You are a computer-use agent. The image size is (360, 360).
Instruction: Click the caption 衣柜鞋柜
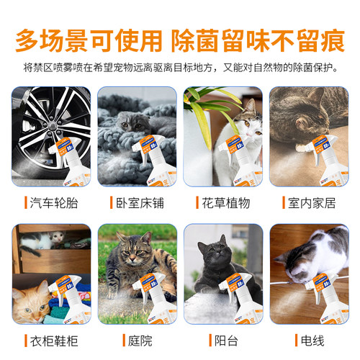(x=55, y=338)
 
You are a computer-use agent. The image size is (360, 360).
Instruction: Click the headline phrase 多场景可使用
(x=90, y=38)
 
